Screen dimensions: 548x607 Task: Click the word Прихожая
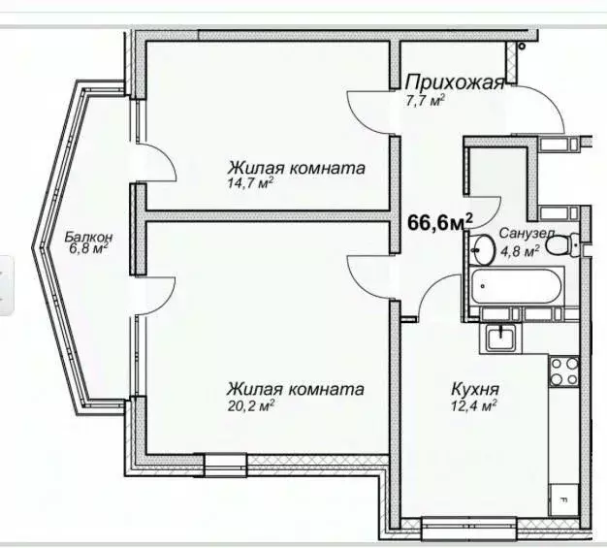[x=455, y=82]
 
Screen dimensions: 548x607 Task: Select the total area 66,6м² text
[x=439, y=222]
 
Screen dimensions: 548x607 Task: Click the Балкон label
[x=89, y=237]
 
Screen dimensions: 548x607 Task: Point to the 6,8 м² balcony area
[x=84, y=248]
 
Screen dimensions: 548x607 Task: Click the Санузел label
[x=527, y=234]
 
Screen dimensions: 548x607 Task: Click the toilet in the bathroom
[x=561, y=245]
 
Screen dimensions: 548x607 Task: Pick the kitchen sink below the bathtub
[x=500, y=338]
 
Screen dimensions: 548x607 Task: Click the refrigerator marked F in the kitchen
[x=562, y=501]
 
